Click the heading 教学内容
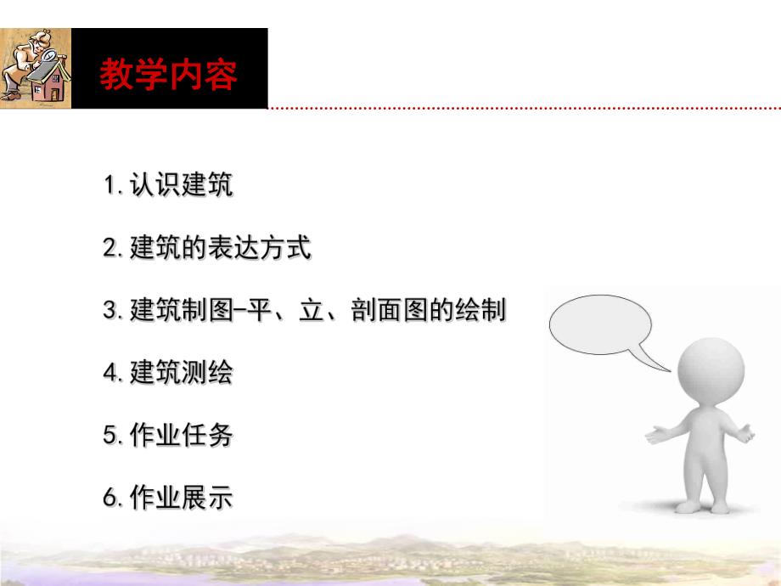point(169,74)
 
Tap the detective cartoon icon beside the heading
point(36,68)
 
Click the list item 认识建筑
point(181,185)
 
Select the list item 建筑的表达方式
point(220,248)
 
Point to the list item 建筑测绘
point(181,373)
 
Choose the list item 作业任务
point(181,436)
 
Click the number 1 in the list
point(109,185)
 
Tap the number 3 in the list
point(110,311)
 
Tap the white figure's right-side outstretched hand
point(747,431)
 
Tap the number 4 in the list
point(110,373)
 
